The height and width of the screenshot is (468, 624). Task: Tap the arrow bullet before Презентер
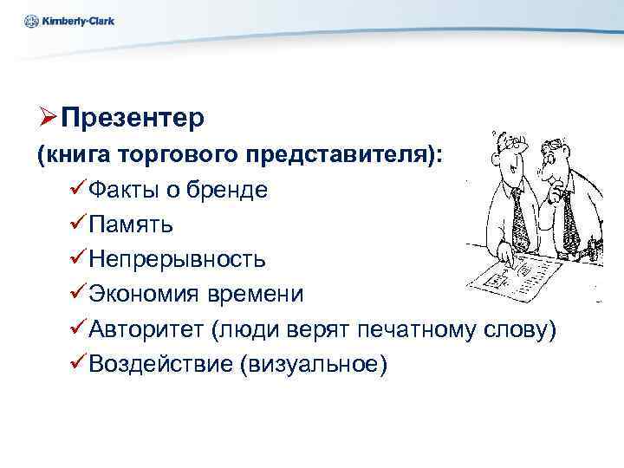[x=47, y=116]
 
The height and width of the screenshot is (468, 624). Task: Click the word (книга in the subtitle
[x=68, y=153]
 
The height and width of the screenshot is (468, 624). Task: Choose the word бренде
[x=235, y=189]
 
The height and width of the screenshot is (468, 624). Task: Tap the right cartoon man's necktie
[x=569, y=221]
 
